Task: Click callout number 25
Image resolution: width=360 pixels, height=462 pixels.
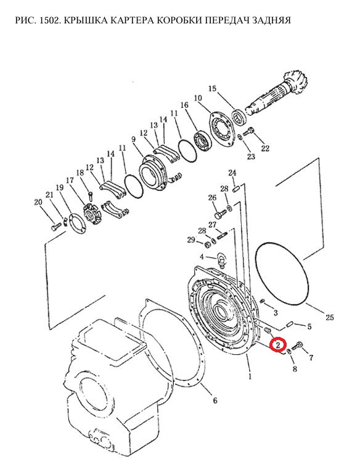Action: [x=330, y=317]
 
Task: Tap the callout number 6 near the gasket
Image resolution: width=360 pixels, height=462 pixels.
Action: [x=215, y=400]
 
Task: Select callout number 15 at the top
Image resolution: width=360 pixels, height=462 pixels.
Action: [x=212, y=88]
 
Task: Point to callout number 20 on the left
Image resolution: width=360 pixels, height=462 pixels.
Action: [x=38, y=202]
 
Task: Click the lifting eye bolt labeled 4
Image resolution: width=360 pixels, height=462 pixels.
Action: [x=221, y=260]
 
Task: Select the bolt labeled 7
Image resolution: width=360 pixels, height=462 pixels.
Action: [x=298, y=346]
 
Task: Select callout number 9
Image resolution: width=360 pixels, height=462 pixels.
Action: [x=134, y=139]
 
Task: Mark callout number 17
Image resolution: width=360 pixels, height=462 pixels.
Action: [x=70, y=180]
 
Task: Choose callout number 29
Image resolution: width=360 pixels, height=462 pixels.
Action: [x=191, y=240]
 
